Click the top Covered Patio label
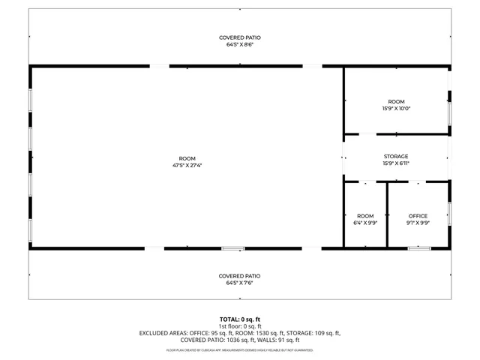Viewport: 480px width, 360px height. point(240,37)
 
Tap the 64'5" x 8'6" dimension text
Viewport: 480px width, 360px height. point(240,44)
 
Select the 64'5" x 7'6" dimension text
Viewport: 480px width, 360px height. point(240,282)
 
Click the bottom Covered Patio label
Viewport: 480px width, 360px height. point(240,275)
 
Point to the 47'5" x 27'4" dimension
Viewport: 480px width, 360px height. point(187,166)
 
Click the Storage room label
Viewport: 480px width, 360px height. point(396,157)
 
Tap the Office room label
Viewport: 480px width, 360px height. point(418,216)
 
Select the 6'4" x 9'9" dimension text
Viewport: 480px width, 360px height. point(365,223)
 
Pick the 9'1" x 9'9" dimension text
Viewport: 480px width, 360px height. point(418,223)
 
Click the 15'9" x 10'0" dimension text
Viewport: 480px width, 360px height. point(396,108)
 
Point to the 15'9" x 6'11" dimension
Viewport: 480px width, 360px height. point(396,163)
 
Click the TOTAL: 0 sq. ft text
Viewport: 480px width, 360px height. point(240,319)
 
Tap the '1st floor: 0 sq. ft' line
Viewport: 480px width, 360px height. point(240,326)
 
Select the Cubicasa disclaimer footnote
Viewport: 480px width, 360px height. point(240,350)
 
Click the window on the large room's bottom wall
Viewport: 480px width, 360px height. point(233,248)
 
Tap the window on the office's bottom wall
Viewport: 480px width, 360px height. point(418,248)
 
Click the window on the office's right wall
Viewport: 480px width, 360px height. point(449,214)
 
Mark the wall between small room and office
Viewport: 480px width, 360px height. point(387,215)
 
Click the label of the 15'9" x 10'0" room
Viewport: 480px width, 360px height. point(396,101)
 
